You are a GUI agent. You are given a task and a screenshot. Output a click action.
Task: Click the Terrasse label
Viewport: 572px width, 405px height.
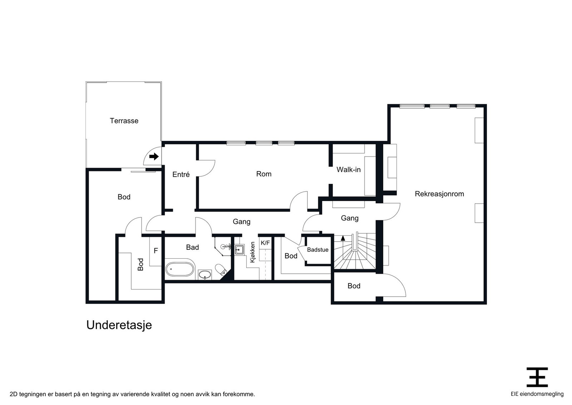pos(124,121)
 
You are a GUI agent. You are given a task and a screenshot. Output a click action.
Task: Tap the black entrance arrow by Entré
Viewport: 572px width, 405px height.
pos(154,156)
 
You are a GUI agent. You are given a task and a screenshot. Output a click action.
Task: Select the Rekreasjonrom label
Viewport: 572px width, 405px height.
pos(439,194)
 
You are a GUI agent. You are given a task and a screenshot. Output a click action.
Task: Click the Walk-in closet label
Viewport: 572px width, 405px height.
pos(348,170)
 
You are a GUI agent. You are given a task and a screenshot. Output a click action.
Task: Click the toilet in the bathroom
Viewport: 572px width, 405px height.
pos(221,269)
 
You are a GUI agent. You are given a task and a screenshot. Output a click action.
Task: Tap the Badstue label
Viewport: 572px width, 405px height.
pos(317,250)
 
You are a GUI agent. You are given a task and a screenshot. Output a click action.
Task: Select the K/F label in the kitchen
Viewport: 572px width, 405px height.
pos(265,243)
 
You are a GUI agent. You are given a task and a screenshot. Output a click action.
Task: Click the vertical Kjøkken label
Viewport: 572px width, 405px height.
pos(253,252)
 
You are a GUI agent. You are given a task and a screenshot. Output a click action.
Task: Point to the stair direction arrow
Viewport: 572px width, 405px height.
pos(343,238)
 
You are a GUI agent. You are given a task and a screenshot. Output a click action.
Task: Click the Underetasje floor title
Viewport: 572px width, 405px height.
pos(119,325)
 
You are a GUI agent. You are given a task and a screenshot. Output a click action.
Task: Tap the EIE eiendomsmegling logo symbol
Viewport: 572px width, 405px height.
pos(537,377)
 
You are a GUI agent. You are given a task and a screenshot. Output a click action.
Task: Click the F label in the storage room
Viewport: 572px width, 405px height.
pos(156,251)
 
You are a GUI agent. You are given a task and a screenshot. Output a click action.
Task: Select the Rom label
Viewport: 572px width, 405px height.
pos(264,174)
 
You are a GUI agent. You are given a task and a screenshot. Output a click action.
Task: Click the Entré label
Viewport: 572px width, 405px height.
pos(181,175)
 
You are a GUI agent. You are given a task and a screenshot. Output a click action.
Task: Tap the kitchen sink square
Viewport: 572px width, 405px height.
pos(239,249)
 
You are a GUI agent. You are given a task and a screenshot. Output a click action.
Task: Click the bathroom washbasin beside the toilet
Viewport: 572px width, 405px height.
pos(204,275)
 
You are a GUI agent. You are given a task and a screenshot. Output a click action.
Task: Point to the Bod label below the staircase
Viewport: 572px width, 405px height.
pos(354,286)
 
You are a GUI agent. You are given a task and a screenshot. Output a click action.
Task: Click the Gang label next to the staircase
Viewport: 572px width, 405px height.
pos(350,218)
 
